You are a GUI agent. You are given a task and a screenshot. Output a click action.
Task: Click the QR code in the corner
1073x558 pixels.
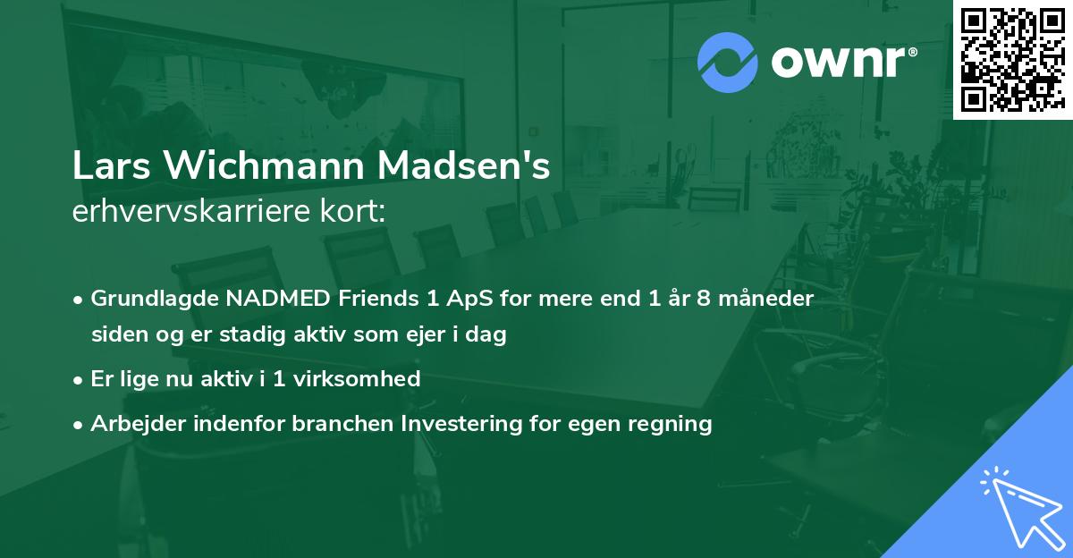[1012, 60]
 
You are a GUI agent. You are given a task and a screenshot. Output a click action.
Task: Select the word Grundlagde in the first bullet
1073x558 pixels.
[147, 299]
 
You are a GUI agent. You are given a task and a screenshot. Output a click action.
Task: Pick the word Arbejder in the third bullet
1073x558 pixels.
[131, 424]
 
